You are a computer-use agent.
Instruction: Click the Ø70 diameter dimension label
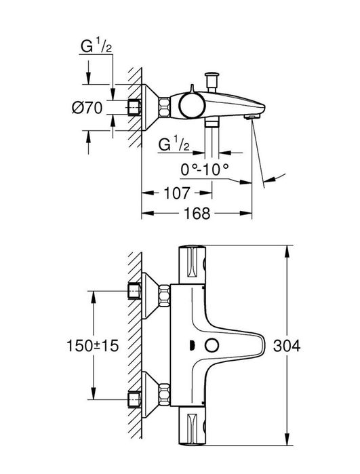87,108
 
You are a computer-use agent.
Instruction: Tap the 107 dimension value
177,193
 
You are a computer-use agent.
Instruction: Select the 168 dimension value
197,214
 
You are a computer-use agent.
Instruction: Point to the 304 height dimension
287,346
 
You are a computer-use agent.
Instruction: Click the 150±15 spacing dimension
92,346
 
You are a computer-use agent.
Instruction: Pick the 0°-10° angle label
205,170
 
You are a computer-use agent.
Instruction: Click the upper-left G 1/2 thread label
96,46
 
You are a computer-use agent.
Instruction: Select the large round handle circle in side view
192,106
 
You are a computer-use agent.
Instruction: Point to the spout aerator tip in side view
252,117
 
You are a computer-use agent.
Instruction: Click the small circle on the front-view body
212,346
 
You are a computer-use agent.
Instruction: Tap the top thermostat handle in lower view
193,264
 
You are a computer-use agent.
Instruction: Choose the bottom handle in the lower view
193,426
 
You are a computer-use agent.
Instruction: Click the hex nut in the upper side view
164,107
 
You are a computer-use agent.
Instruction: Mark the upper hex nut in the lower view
164,295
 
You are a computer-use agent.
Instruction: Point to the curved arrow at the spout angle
275,178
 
